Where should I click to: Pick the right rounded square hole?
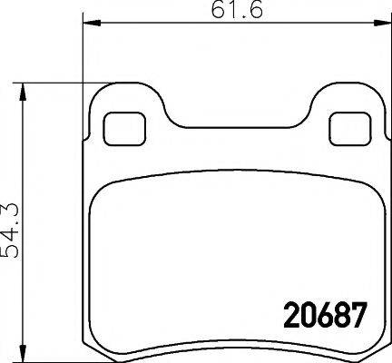pos(345,128)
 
